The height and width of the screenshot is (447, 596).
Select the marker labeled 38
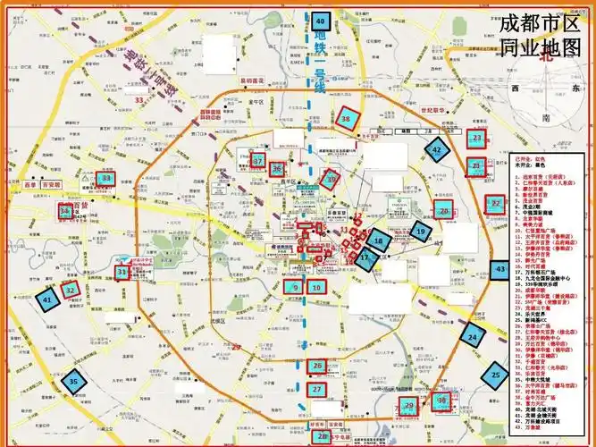click(347, 118)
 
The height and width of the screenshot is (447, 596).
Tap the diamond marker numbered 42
click(436, 151)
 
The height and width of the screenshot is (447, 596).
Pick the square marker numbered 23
click(477, 139)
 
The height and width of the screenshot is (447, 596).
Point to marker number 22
click(496, 204)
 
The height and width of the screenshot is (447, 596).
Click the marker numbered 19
click(421, 232)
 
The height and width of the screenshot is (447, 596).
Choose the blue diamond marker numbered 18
click(380, 240)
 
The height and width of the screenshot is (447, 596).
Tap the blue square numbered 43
click(500, 268)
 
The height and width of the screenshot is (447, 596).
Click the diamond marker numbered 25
click(496, 376)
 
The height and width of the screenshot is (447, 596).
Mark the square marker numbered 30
click(441, 402)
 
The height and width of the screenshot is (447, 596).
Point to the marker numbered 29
click(409, 407)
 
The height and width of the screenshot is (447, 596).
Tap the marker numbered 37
click(258, 162)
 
